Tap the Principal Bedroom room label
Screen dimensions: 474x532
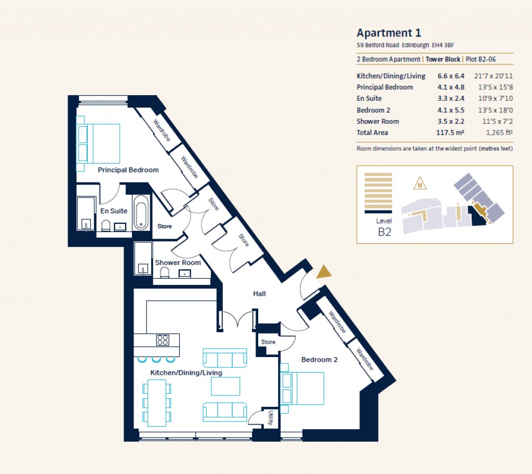tap(128, 170)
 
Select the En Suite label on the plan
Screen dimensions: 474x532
tap(114, 211)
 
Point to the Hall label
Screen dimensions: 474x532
tap(259, 294)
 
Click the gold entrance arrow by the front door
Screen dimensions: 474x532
tap(324, 271)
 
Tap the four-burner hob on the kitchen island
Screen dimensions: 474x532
tap(163, 340)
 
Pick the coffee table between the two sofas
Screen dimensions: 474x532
tap(225, 386)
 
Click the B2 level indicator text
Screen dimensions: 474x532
tap(384, 232)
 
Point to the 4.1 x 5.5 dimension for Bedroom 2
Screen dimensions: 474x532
tap(451, 110)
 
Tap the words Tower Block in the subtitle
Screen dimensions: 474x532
tap(443, 60)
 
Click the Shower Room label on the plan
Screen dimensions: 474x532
tap(178, 263)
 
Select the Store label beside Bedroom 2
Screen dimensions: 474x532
tap(268, 342)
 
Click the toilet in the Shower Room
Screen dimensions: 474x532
tap(165, 273)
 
